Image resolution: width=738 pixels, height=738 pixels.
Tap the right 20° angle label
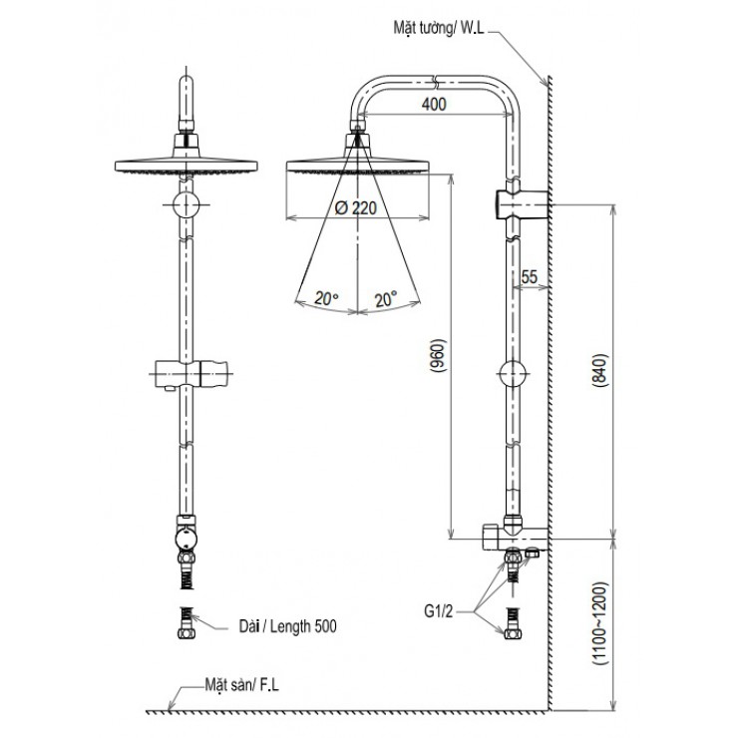[385, 298]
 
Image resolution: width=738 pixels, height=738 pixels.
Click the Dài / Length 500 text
[287, 626]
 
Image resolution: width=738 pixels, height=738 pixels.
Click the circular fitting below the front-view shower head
[186, 205]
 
